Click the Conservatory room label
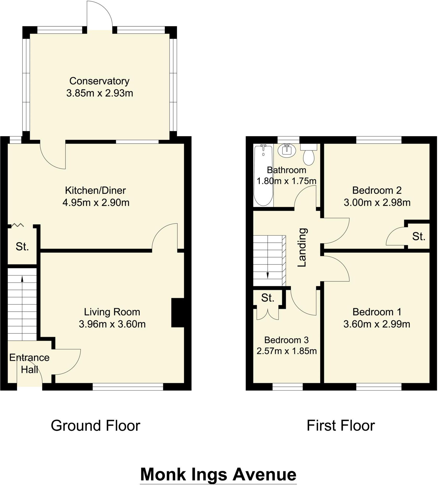pos(99,81)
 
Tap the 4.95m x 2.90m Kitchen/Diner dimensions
pos(96,203)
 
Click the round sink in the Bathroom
pos(286,151)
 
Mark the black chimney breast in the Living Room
pos(178,313)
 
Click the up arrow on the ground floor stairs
pos(22,279)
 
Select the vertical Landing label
pos(302,247)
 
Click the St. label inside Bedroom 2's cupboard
pos(419,237)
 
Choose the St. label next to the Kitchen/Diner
pos(22,247)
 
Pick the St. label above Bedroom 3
pos(268,298)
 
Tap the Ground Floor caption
pos(95,426)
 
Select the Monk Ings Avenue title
pos(218,467)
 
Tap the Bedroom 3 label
pos(286,340)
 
